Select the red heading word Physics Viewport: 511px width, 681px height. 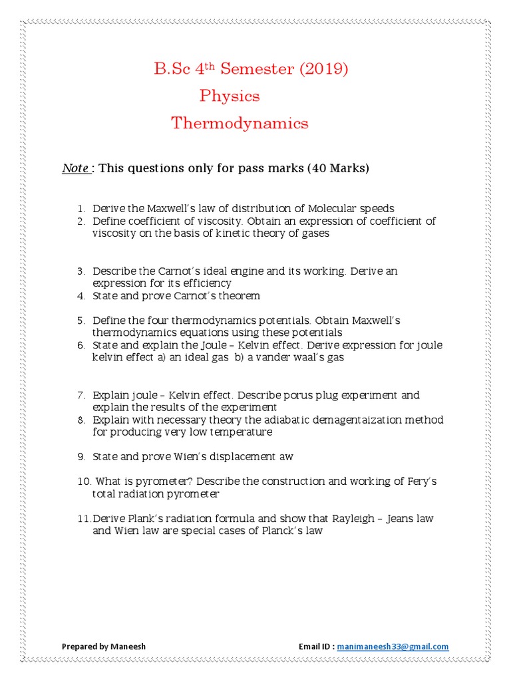[x=230, y=96]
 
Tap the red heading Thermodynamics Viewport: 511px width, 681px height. [x=240, y=123]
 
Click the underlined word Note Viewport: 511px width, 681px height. [x=76, y=168]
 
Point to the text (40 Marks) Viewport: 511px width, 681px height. [x=337, y=168]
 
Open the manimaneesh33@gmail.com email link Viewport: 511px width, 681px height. [x=393, y=646]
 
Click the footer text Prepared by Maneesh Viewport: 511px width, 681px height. [x=103, y=646]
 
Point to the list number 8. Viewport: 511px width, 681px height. [x=81, y=420]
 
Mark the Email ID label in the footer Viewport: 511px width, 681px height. [x=316, y=646]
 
